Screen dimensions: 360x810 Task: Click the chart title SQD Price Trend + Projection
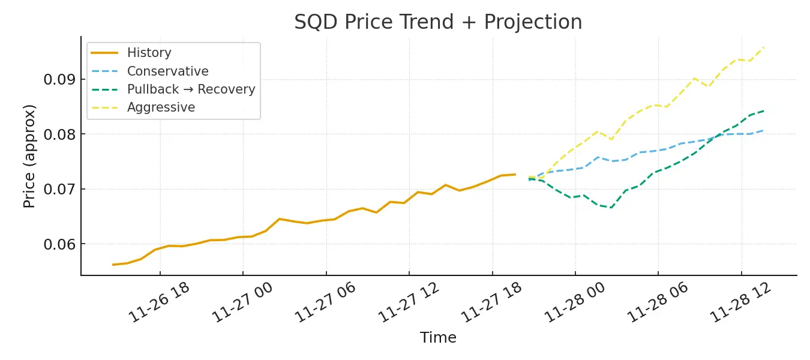click(438, 22)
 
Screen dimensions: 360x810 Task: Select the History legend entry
click(149, 53)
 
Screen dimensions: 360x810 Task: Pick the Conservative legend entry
click(167, 71)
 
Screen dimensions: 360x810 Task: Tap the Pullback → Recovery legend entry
click(191, 89)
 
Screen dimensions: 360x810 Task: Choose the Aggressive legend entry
click(161, 107)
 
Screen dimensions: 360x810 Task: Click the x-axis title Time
click(438, 338)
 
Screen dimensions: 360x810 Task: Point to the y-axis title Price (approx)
click(30, 156)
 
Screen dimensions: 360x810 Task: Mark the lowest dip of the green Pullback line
click(611, 208)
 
